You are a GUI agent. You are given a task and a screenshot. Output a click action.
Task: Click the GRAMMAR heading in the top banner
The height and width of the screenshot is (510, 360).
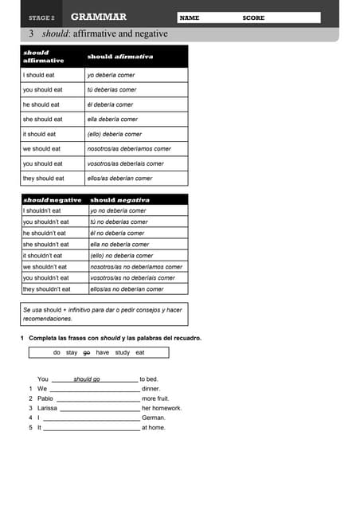[98, 17]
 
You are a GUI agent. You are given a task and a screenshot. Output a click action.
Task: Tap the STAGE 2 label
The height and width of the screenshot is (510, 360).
[41, 18]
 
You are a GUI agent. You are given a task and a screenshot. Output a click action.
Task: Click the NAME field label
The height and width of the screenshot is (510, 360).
[190, 18]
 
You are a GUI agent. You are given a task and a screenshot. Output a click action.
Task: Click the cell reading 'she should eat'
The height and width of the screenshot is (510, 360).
[42, 120]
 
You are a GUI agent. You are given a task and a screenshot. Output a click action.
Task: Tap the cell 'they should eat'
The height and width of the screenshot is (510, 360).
[44, 178]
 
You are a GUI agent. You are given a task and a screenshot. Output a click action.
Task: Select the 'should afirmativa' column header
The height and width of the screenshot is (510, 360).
[120, 57]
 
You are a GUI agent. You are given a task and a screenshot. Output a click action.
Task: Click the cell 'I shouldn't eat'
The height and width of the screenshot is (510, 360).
[42, 210]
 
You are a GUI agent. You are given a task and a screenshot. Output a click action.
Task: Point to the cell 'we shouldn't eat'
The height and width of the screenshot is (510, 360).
[45, 267]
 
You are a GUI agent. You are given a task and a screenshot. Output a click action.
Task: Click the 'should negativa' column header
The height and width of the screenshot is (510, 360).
[119, 199]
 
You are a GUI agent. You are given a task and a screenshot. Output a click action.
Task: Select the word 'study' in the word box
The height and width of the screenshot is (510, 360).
[122, 352]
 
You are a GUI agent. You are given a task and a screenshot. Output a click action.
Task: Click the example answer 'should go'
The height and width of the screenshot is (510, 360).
[86, 379]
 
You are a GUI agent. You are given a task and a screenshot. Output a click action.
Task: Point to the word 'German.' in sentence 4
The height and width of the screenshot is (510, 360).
[154, 418]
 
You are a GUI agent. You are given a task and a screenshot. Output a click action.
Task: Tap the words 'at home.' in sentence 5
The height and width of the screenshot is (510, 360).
[154, 427]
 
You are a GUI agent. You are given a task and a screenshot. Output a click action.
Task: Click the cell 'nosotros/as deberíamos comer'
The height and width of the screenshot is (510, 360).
[129, 149]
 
